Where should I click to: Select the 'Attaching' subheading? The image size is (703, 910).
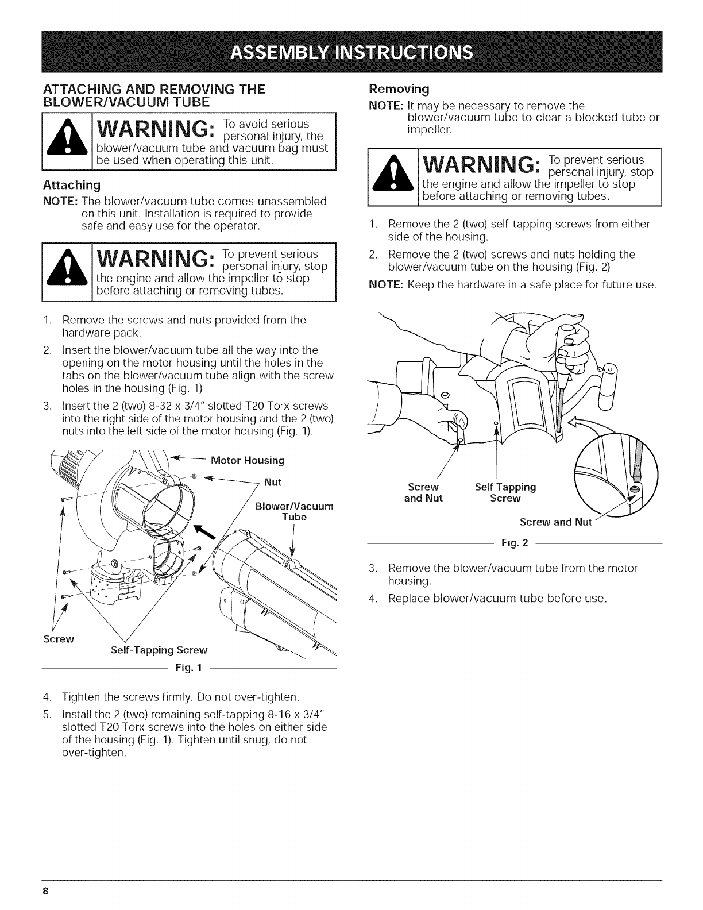[x=72, y=185]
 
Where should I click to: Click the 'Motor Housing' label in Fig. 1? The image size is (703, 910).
[x=248, y=460]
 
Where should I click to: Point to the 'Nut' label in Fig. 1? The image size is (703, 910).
[x=273, y=482]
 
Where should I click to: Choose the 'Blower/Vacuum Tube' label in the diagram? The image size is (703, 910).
[x=293, y=511]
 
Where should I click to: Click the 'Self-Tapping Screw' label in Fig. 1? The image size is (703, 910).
[x=158, y=650]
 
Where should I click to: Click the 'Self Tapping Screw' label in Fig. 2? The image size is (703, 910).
[x=505, y=492]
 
